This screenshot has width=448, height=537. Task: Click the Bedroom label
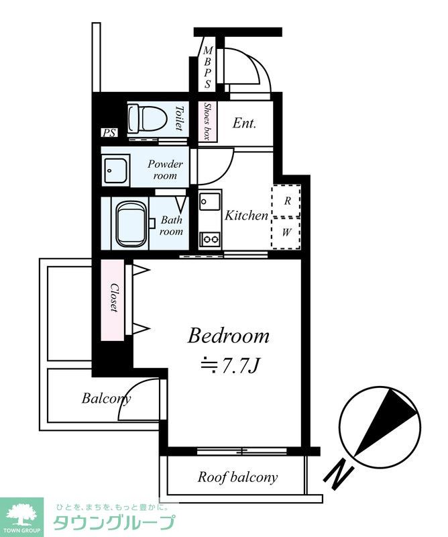coord(228,336)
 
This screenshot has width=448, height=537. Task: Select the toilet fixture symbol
coord(147,119)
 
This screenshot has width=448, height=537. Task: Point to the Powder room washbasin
coord(116,170)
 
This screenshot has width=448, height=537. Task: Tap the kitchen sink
coord(210,201)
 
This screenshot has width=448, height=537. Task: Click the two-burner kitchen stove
coord(210,239)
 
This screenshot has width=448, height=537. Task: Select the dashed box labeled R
coord(286,201)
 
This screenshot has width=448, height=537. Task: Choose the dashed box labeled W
coord(286,232)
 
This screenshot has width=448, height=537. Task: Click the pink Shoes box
coord(208,121)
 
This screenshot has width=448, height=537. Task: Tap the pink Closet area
coord(113,300)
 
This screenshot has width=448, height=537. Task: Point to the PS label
coord(109,133)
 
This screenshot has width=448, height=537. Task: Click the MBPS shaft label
coord(207,68)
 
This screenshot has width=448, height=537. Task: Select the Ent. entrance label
coord(244,123)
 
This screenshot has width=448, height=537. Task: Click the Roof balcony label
coord(237,477)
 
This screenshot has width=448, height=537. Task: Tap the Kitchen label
coord(246,215)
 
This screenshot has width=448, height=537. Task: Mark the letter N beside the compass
coord(339,475)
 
